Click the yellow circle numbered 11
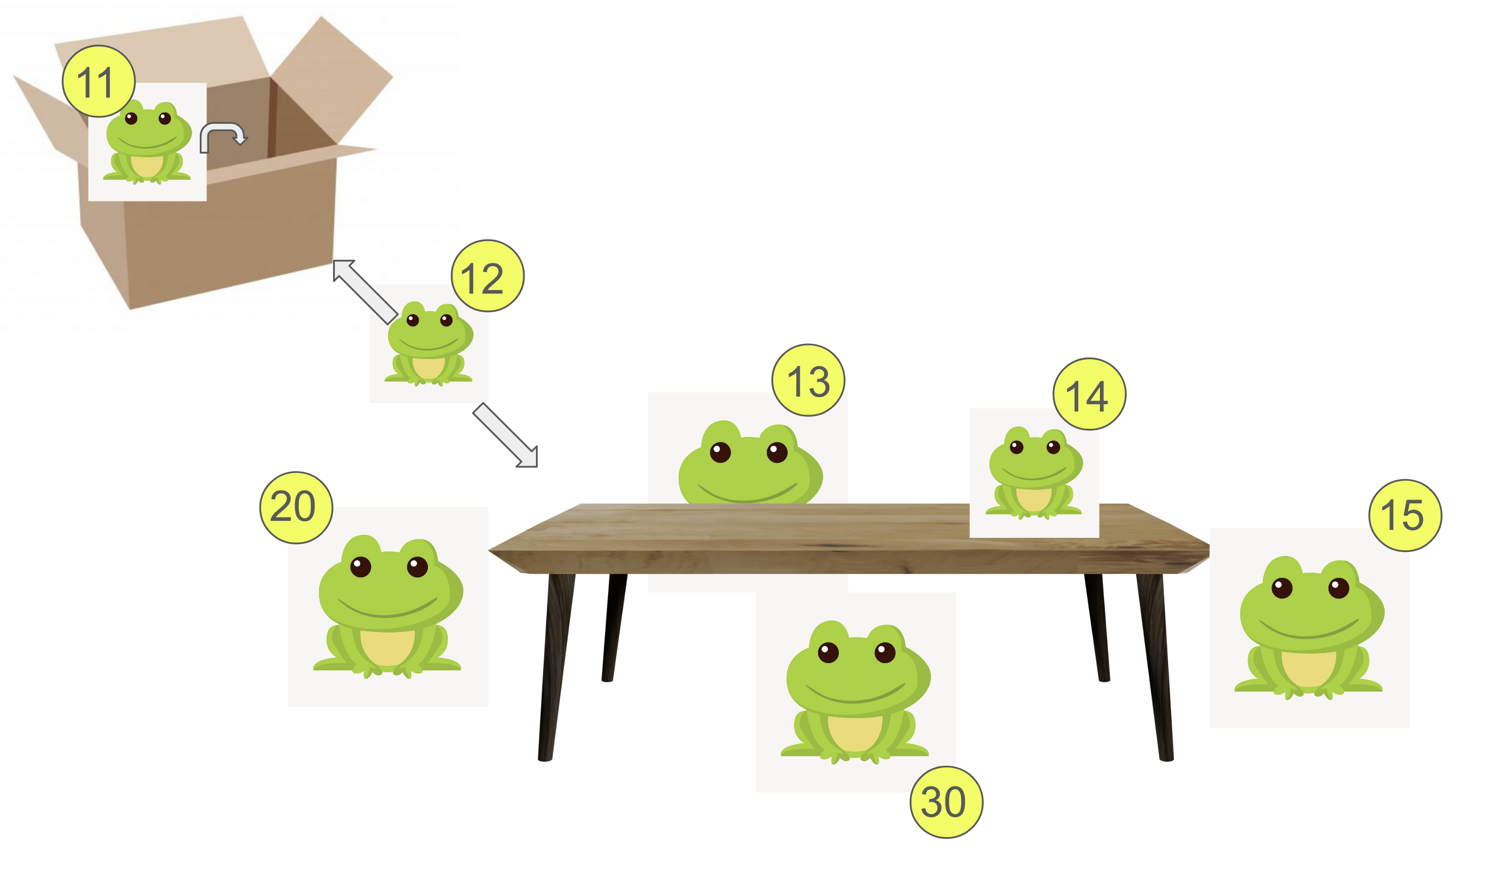(x=99, y=81)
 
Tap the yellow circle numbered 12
(x=488, y=276)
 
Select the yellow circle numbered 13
(x=809, y=380)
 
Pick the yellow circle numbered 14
(x=1090, y=394)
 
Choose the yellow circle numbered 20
(x=296, y=508)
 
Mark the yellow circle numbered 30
(x=947, y=802)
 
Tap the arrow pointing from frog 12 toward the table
(x=506, y=435)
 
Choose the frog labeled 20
(x=388, y=607)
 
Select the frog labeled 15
(x=1309, y=628)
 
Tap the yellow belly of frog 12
(x=428, y=368)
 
